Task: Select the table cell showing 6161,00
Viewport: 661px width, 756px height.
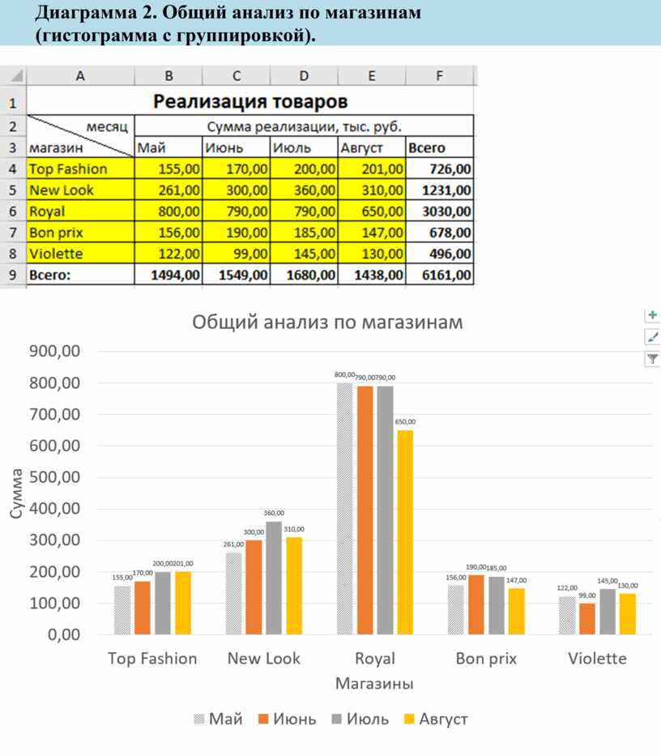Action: pos(439,275)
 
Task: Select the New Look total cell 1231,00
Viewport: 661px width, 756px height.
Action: pos(439,190)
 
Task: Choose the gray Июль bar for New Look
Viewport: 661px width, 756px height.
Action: pos(274,578)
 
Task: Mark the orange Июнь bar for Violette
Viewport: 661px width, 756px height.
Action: pos(587,619)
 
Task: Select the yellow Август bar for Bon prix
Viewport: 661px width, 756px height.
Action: pos(516,612)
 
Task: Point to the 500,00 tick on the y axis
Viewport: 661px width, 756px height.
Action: pos(53,477)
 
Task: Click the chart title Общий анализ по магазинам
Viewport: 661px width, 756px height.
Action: pos(327,322)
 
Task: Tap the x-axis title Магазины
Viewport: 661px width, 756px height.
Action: pos(374,683)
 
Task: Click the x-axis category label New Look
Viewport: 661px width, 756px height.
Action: pos(263,658)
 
